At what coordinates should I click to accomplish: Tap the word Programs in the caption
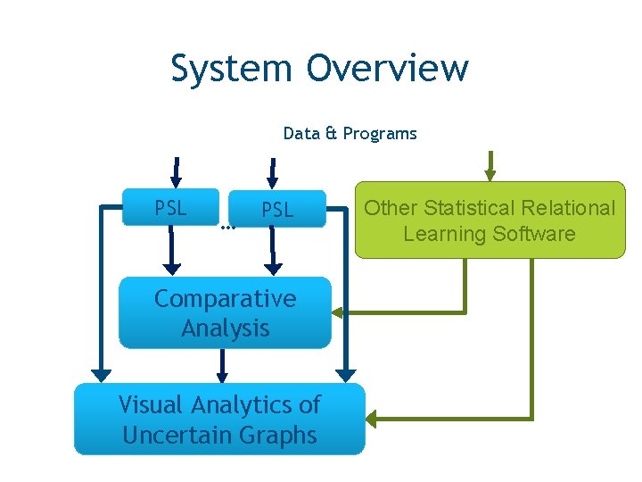380,134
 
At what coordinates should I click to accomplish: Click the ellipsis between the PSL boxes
226,228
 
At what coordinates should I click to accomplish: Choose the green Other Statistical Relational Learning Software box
490,220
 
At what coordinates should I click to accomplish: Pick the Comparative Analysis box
225,312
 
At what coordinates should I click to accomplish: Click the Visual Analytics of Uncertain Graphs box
219,420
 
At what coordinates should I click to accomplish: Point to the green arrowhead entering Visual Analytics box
372,419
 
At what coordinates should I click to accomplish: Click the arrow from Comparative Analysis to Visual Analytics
223,366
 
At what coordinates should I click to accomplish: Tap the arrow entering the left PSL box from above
176,173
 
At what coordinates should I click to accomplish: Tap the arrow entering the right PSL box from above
273,173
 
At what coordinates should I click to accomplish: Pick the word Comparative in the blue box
225,299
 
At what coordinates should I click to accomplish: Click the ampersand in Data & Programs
331,134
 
